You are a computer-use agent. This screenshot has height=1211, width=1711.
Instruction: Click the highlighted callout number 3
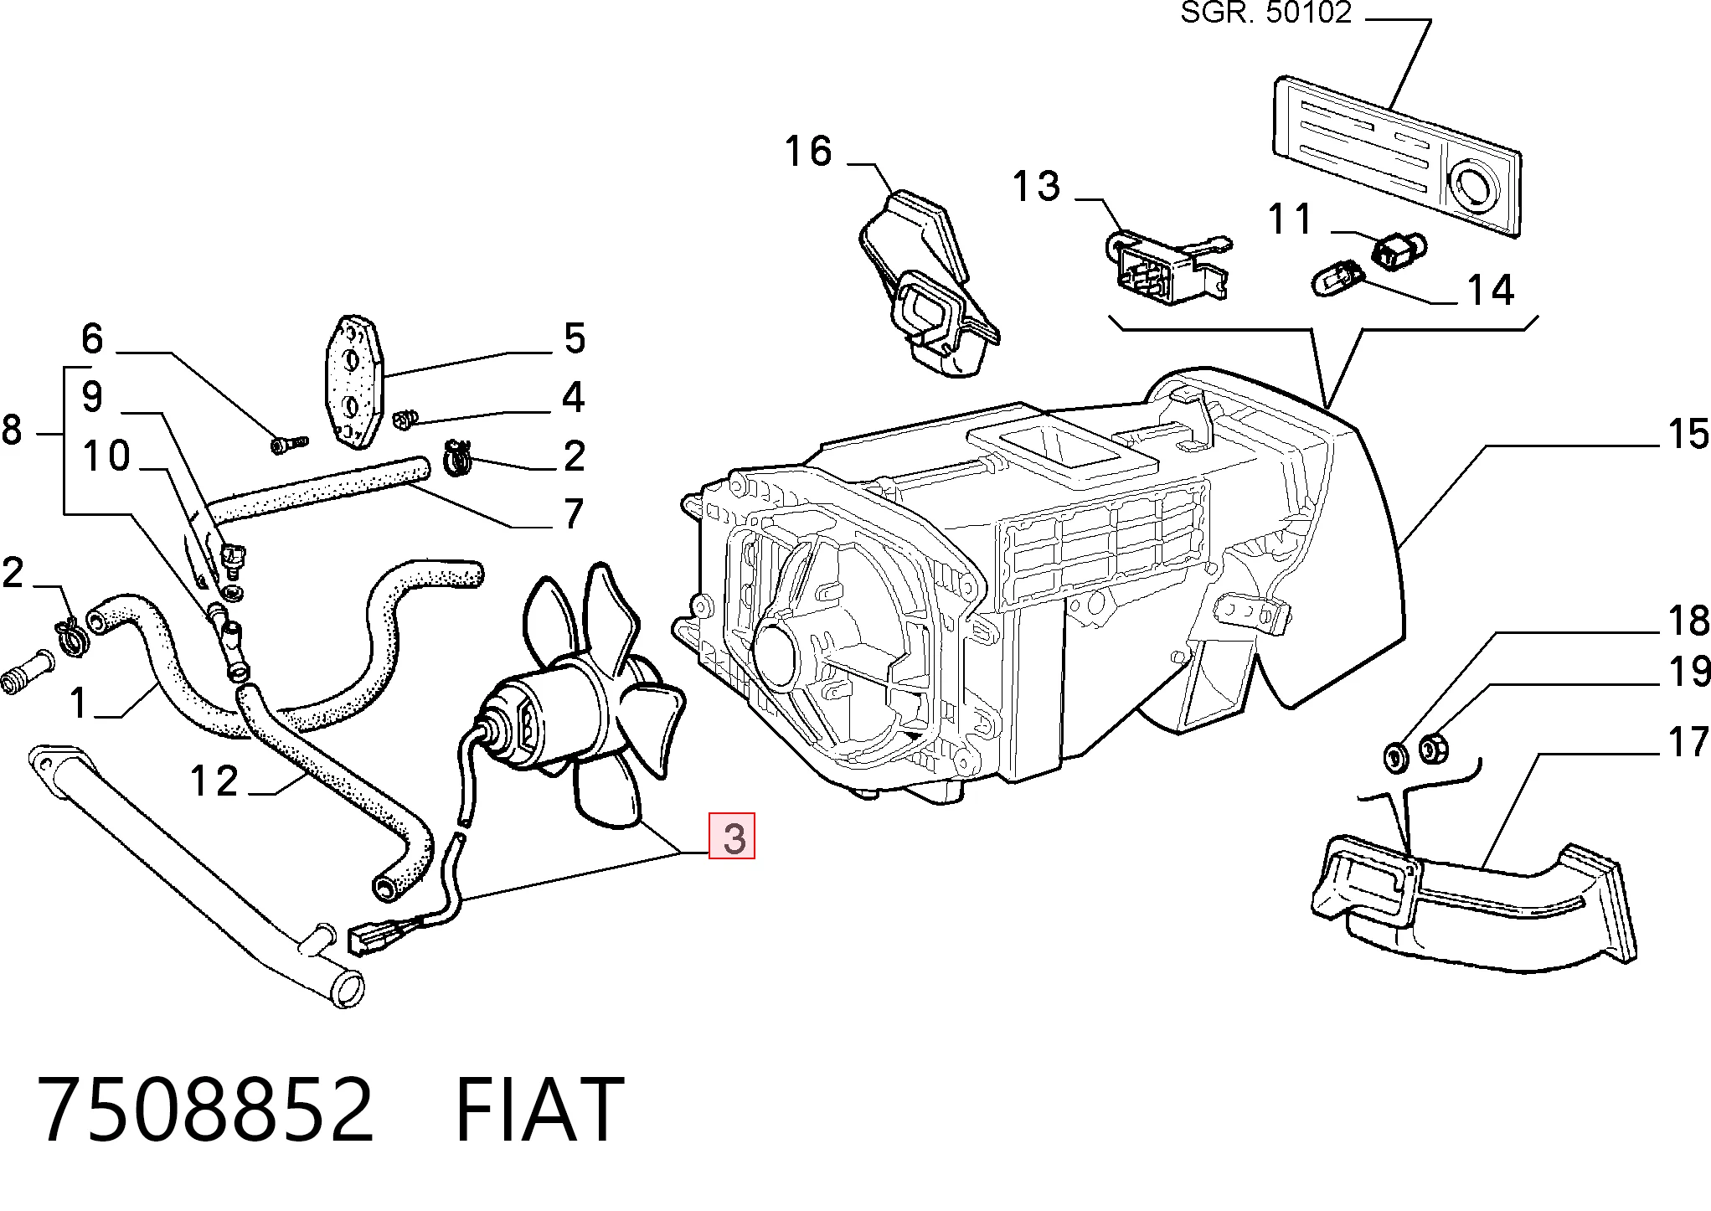pos(733,837)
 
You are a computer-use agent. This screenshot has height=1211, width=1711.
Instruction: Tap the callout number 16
pos(808,152)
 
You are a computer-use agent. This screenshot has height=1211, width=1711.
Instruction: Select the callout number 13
pos(1037,186)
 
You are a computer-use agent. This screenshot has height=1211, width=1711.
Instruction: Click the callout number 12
pos(215,782)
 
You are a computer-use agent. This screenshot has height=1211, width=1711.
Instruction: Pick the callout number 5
pos(574,338)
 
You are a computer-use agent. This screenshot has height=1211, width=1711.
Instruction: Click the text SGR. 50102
pos(1266,13)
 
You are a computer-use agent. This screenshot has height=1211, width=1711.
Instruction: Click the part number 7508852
pos(206,1111)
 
